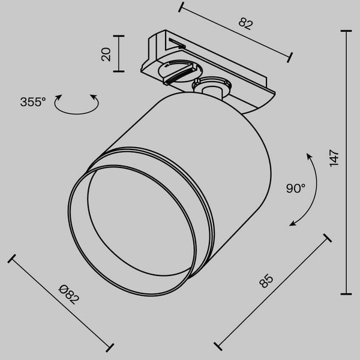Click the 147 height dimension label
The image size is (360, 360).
click(x=335, y=158)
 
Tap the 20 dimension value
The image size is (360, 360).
click(x=106, y=54)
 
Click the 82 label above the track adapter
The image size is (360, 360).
click(x=245, y=24)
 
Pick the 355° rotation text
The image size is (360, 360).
click(x=32, y=102)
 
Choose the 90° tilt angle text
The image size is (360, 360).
click(x=295, y=188)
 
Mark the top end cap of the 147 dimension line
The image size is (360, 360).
click(x=346, y=31)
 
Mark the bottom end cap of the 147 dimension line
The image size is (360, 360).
click(x=346, y=293)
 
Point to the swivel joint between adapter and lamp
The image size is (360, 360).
click(x=212, y=88)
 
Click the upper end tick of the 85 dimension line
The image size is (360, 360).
click(x=327, y=238)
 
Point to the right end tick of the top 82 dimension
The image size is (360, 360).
click(x=290, y=57)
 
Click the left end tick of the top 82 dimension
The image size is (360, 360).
click(x=181, y=7)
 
